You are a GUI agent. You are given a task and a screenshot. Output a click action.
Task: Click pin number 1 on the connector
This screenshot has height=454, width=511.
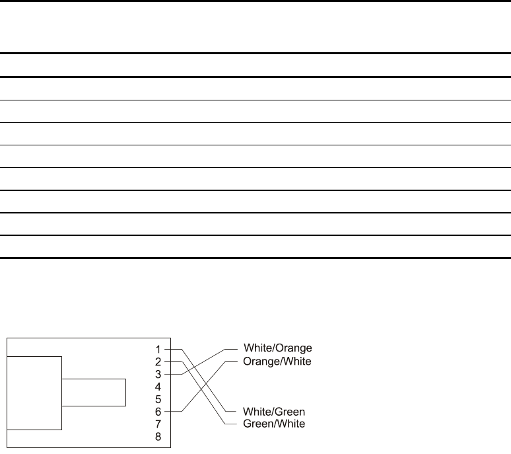click(158, 348)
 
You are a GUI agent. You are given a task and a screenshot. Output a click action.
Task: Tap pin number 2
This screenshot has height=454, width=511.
click(158, 361)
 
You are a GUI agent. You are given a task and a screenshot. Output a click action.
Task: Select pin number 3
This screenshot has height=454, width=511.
click(158, 374)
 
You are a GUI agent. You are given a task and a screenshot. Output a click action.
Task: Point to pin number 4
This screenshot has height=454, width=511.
click(158, 386)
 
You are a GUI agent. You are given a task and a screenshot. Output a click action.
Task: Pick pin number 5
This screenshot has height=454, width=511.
click(158, 398)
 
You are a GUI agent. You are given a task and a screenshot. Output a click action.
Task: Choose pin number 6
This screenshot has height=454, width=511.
click(158, 411)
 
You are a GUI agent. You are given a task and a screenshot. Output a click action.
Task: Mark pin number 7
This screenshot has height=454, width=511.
click(158, 423)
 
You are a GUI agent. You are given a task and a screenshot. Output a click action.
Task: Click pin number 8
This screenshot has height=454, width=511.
click(158, 435)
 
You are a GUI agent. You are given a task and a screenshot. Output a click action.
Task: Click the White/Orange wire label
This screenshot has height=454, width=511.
click(278, 348)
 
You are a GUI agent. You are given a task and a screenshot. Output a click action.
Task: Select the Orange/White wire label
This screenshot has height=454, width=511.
click(278, 361)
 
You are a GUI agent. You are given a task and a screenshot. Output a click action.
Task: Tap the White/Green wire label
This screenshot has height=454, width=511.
click(275, 411)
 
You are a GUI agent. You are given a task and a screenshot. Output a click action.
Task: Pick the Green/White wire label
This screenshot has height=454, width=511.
click(275, 424)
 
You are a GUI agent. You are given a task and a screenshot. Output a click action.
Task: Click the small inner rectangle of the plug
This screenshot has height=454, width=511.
click(93, 392)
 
